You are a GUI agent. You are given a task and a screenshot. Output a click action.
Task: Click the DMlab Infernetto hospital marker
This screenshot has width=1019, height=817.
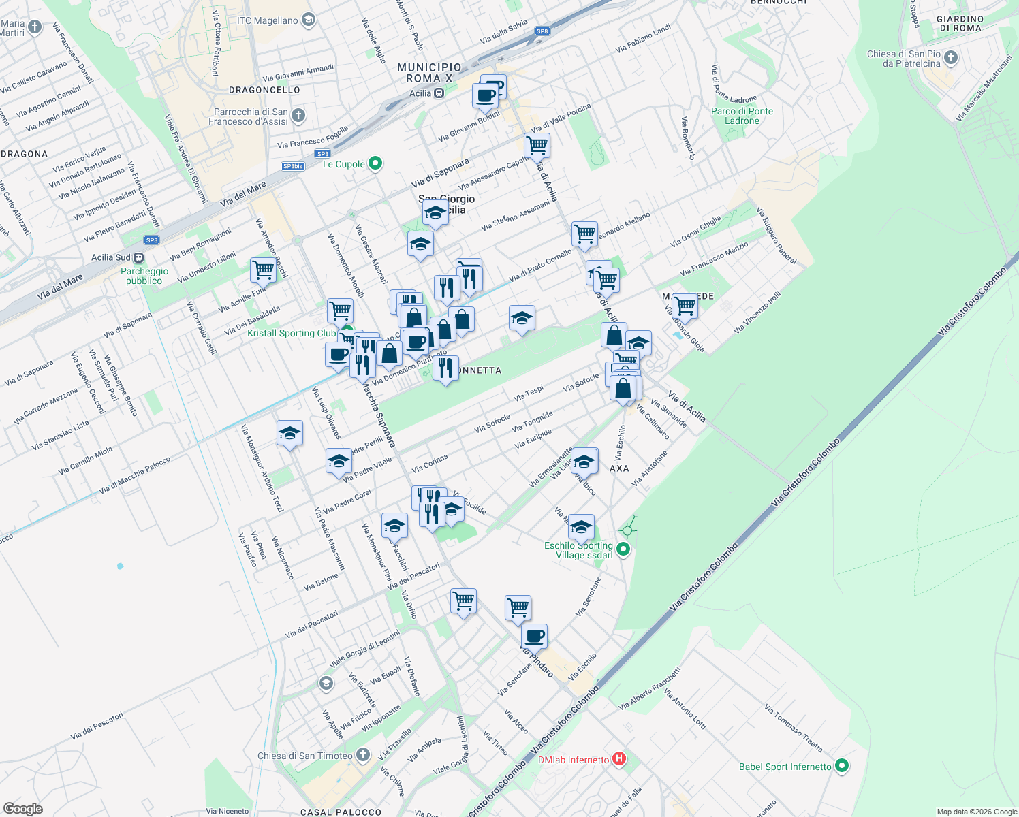pyautogui.click(x=618, y=759)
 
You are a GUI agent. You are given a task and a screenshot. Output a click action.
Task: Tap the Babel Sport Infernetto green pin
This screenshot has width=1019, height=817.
pyautogui.click(x=842, y=766)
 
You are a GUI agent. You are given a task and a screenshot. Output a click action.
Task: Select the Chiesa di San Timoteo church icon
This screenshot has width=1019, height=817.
pyautogui.click(x=363, y=754)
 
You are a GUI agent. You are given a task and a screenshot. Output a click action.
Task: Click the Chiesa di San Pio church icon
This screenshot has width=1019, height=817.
pyautogui.click(x=951, y=57)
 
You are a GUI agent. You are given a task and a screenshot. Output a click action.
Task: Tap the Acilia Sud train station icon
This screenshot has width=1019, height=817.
pyautogui.click(x=138, y=257)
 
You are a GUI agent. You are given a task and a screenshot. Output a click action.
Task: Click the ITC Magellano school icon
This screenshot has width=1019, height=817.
pyautogui.click(x=308, y=20)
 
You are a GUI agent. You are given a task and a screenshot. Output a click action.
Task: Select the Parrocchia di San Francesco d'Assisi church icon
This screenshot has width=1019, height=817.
pyautogui.click(x=298, y=116)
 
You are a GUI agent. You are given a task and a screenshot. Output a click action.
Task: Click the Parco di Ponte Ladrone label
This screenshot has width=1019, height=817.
pyautogui.click(x=742, y=116)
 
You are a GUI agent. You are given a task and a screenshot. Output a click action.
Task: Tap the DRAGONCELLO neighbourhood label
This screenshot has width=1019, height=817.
pyautogui.click(x=264, y=90)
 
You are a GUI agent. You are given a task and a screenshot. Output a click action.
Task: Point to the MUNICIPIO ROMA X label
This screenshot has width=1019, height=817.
pyautogui.click(x=429, y=73)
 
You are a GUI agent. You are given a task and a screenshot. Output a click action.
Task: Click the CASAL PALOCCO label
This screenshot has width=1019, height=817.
pyautogui.click(x=341, y=812)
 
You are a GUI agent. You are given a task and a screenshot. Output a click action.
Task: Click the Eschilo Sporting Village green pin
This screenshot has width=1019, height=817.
pyautogui.click(x=623, y=549)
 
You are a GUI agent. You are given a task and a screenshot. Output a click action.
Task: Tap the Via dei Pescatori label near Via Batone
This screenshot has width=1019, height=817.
pyautogui.click(x=312, y=624)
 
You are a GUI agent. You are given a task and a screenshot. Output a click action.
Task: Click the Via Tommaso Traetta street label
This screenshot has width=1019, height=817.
pyautogui.click(x=794, y=728)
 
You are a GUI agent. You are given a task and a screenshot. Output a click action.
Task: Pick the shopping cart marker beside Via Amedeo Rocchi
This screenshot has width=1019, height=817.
pyautogui.click(x=263, y=270)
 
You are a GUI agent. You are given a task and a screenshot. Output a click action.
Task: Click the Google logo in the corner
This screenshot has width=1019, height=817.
pyautogui.click(x=22, y=809)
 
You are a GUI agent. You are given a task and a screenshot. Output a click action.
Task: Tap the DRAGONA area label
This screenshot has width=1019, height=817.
pyautogui.click(x=25, y=154)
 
